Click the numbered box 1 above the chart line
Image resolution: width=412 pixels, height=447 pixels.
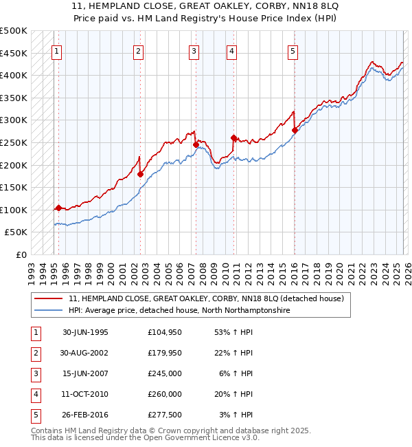(x=56, y=50)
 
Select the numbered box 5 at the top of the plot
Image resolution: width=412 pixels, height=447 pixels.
(x=293, y=50)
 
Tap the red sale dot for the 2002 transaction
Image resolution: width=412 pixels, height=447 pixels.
(x=140, y=174)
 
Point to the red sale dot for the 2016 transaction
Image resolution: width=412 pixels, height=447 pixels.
(x=295, y=130)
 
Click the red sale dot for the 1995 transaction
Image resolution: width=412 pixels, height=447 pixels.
(x=58, y=208)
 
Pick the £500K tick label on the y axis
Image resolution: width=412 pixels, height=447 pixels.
(x=14, y=31)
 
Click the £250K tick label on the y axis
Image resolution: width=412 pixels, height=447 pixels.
(x=14, y=142)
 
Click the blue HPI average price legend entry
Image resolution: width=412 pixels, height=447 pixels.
(x=179, y=311)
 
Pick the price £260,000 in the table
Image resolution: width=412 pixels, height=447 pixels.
(x=164, y=394)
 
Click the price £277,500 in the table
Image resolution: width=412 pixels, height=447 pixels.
(x=164, y=415)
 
